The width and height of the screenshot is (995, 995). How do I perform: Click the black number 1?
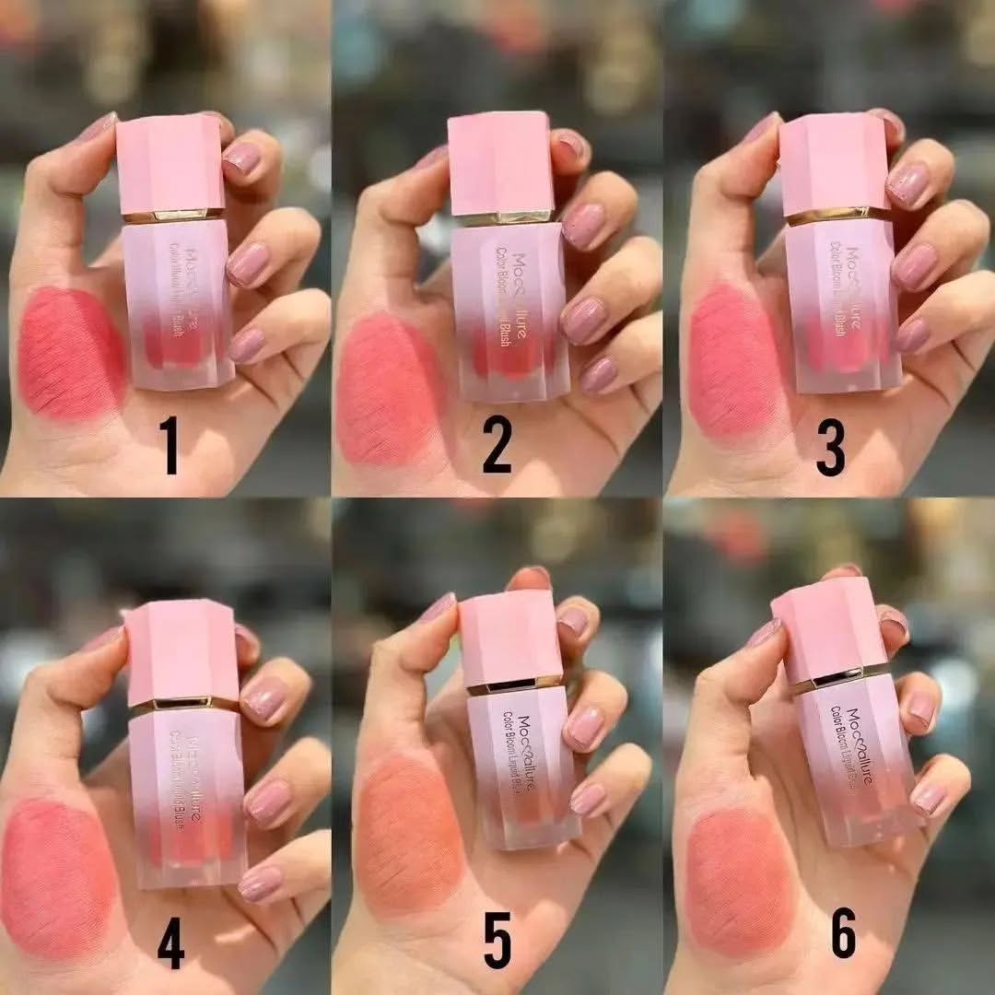click(x=170, y=444)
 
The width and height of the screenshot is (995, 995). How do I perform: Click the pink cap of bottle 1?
click(x=170, y=164)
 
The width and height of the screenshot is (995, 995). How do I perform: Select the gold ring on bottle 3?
click(x=838, y=217)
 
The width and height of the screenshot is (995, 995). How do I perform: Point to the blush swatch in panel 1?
click(x=71, y=352)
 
